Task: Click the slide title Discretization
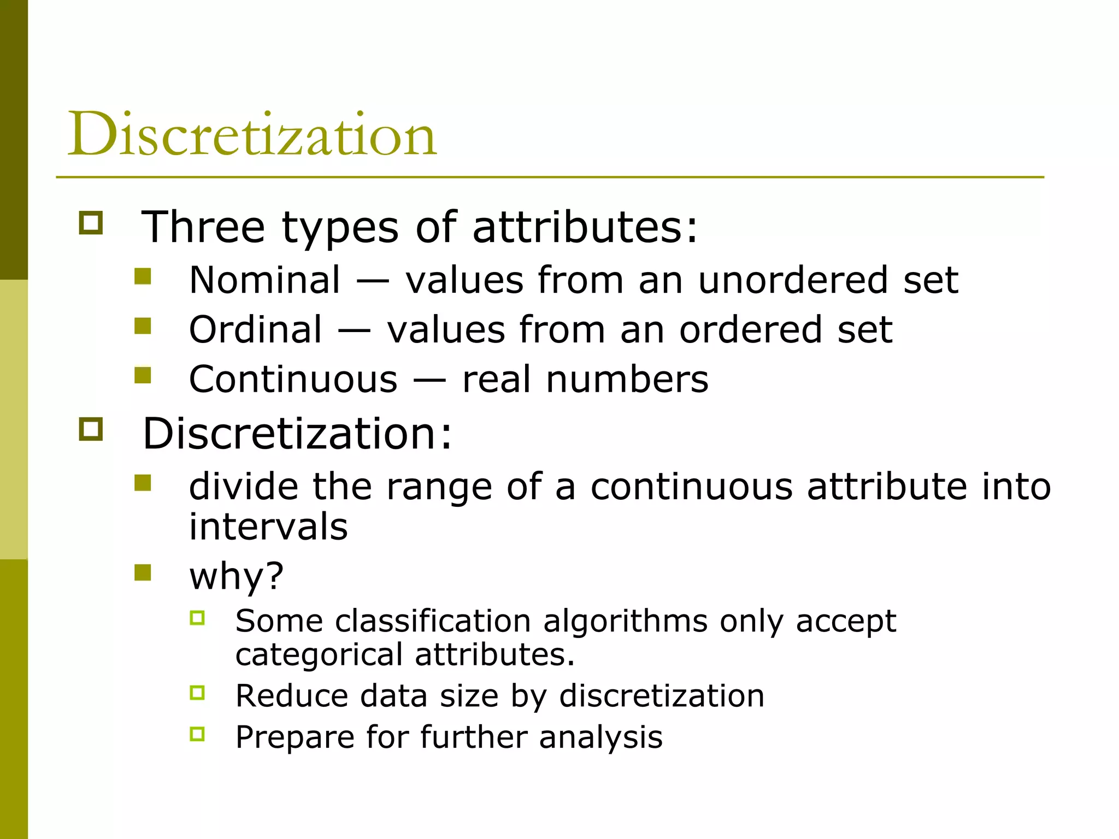click(x=252, y=134)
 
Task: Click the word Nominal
click(x=265, y=280)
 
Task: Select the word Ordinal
click(x=255, y=330)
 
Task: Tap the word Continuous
click(x=293, y=380)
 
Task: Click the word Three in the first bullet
click(x=203, y=227)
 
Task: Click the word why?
click(x=237, y=576)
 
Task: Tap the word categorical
click(x=319, y=654)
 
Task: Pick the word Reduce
click(x=291, y=696)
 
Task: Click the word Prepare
click(x=295, y=737)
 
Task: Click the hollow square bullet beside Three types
click(x=91, y=223)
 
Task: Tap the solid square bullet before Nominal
click(x=143, y=276)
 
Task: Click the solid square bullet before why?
click(x=143, y=572)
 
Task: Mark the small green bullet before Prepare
click(x=197, y=734)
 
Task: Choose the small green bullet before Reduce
click(x=197, y=693)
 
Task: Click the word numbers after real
click(x=627, y=380)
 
